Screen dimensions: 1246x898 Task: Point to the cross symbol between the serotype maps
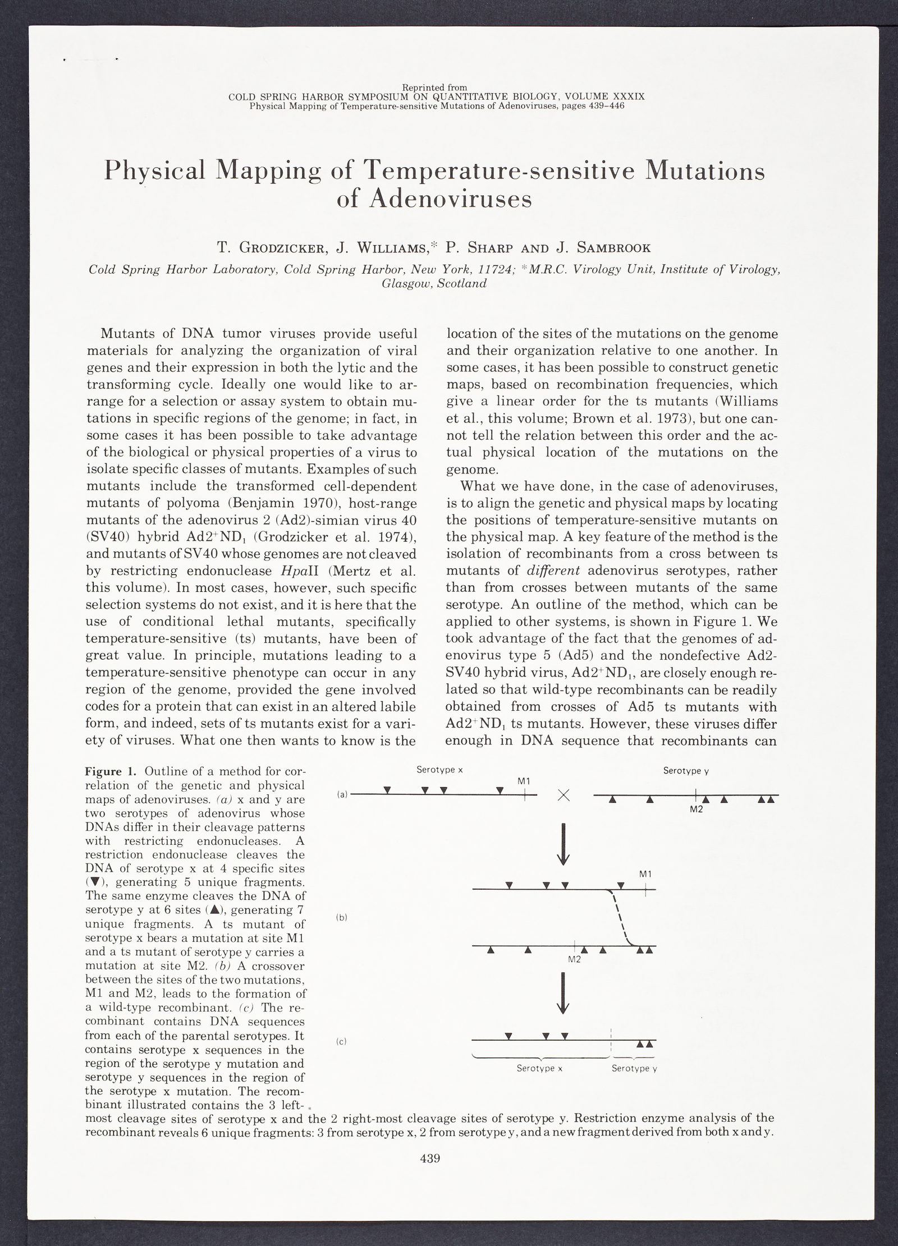tap(564, 796)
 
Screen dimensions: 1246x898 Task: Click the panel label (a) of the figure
tap(342, 794)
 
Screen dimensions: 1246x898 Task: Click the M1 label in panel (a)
tap(524, 781)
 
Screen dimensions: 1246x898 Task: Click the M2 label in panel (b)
tap(574, 959)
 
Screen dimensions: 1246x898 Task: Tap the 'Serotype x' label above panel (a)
tap(439, 770)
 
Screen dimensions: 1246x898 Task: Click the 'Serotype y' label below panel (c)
tap(634, 1069)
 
